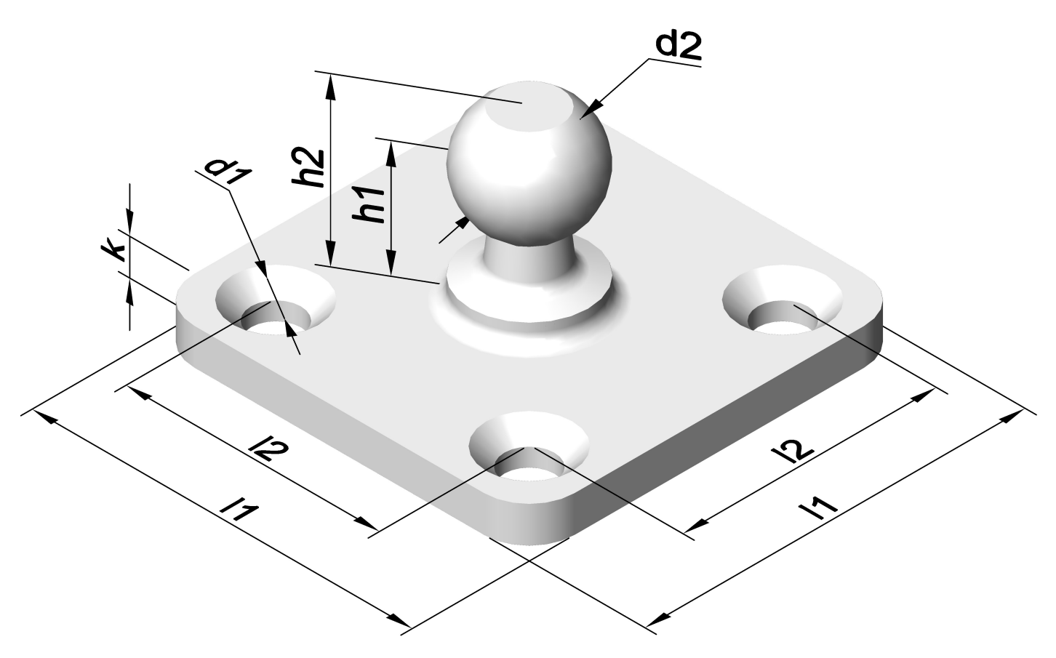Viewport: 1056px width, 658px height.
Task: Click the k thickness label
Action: pyautogui.click(x=113, y=251)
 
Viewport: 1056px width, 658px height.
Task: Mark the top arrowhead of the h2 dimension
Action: pyautogui.click(x=332, y=84)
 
